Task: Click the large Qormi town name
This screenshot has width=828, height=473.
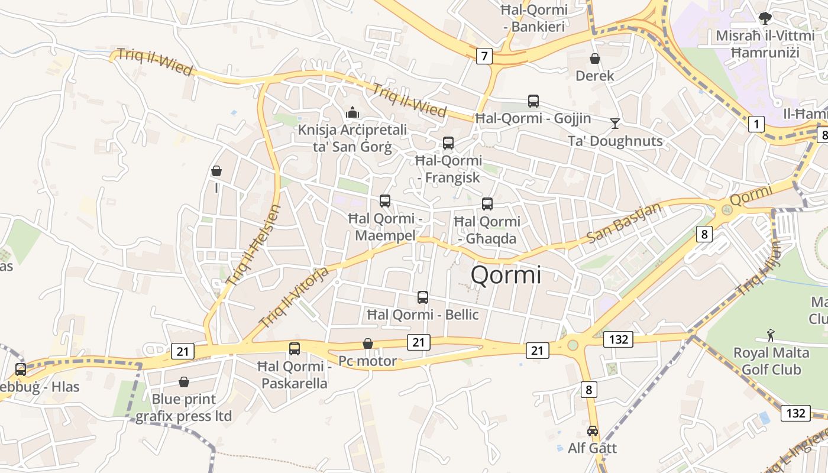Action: (x=506, y=276)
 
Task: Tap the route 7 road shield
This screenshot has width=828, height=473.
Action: (x=484, y=56)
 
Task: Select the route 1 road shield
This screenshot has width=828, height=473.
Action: (x=756, y=124)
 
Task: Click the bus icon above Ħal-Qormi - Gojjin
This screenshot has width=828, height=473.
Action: (x=533, y=101)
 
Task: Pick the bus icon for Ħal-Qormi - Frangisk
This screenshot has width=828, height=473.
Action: (x=448, y=143)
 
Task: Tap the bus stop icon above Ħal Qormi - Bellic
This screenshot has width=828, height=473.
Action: (x=423, y=297)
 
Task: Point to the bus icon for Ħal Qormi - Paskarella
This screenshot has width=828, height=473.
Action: (x=295, y=349)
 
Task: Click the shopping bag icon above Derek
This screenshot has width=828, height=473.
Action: (x=595, y=59)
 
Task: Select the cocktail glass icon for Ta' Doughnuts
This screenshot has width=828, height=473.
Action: (x=615, y=123)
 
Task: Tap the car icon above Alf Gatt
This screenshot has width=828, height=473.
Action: (x=593, y=431)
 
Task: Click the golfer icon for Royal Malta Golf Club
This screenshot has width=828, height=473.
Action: (x=771, y=336)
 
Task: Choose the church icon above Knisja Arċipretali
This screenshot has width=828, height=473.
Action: (x=352, y=112)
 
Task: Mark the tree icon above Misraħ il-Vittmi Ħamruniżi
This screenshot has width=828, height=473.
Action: (x=765, y=18)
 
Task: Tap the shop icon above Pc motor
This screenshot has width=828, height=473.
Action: (x=368, y=344)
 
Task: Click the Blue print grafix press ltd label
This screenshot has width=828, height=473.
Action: (x=183, y=407)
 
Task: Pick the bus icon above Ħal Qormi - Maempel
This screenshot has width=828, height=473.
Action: (x=385, y=201)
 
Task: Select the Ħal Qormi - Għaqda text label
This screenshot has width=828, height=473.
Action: (x=487, y=230)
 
